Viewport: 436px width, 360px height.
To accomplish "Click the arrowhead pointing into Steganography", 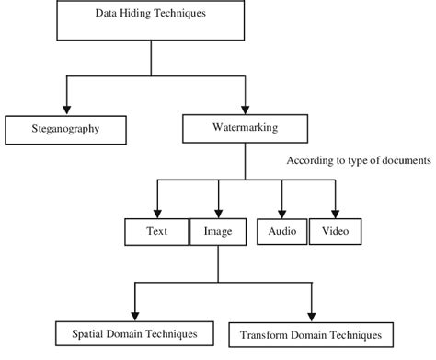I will pyautogui.click(x=65, y=109).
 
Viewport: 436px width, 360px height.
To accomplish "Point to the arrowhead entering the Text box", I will pyautogui.click(x=157, y=211).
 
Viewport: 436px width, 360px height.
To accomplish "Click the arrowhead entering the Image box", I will pyautogui.click(x=217, y=211).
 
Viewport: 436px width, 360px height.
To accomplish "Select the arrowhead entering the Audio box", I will pyautogui.click(x=281, y=211).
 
